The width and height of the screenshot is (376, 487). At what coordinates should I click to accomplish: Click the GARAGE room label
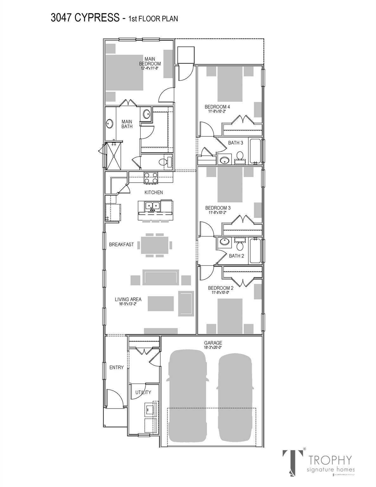pos(213,343)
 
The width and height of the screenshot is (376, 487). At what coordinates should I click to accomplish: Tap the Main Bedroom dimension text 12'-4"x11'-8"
pos(149,68)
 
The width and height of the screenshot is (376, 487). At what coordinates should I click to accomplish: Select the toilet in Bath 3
pos(240,156)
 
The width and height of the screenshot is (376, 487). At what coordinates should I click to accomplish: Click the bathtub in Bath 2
pos(255,251)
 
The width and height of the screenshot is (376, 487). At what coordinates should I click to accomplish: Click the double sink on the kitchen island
pos(152,206)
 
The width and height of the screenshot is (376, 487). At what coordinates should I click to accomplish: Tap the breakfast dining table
pos(155,244)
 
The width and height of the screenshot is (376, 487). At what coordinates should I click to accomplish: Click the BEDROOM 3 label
pos(218,208)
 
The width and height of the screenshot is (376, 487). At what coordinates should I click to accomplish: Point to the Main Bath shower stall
pos(113,156)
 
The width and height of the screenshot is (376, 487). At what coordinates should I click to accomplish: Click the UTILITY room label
pos(143,392)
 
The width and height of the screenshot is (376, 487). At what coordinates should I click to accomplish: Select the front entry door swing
pos(113,398)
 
